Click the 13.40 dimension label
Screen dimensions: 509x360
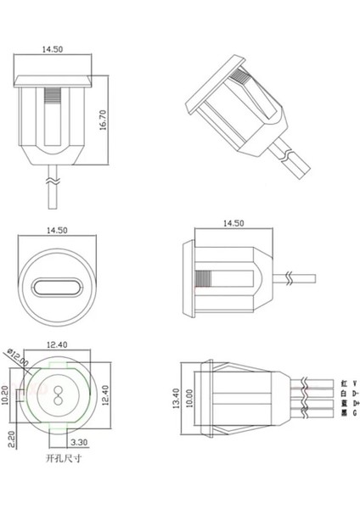tap(177, 398)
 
